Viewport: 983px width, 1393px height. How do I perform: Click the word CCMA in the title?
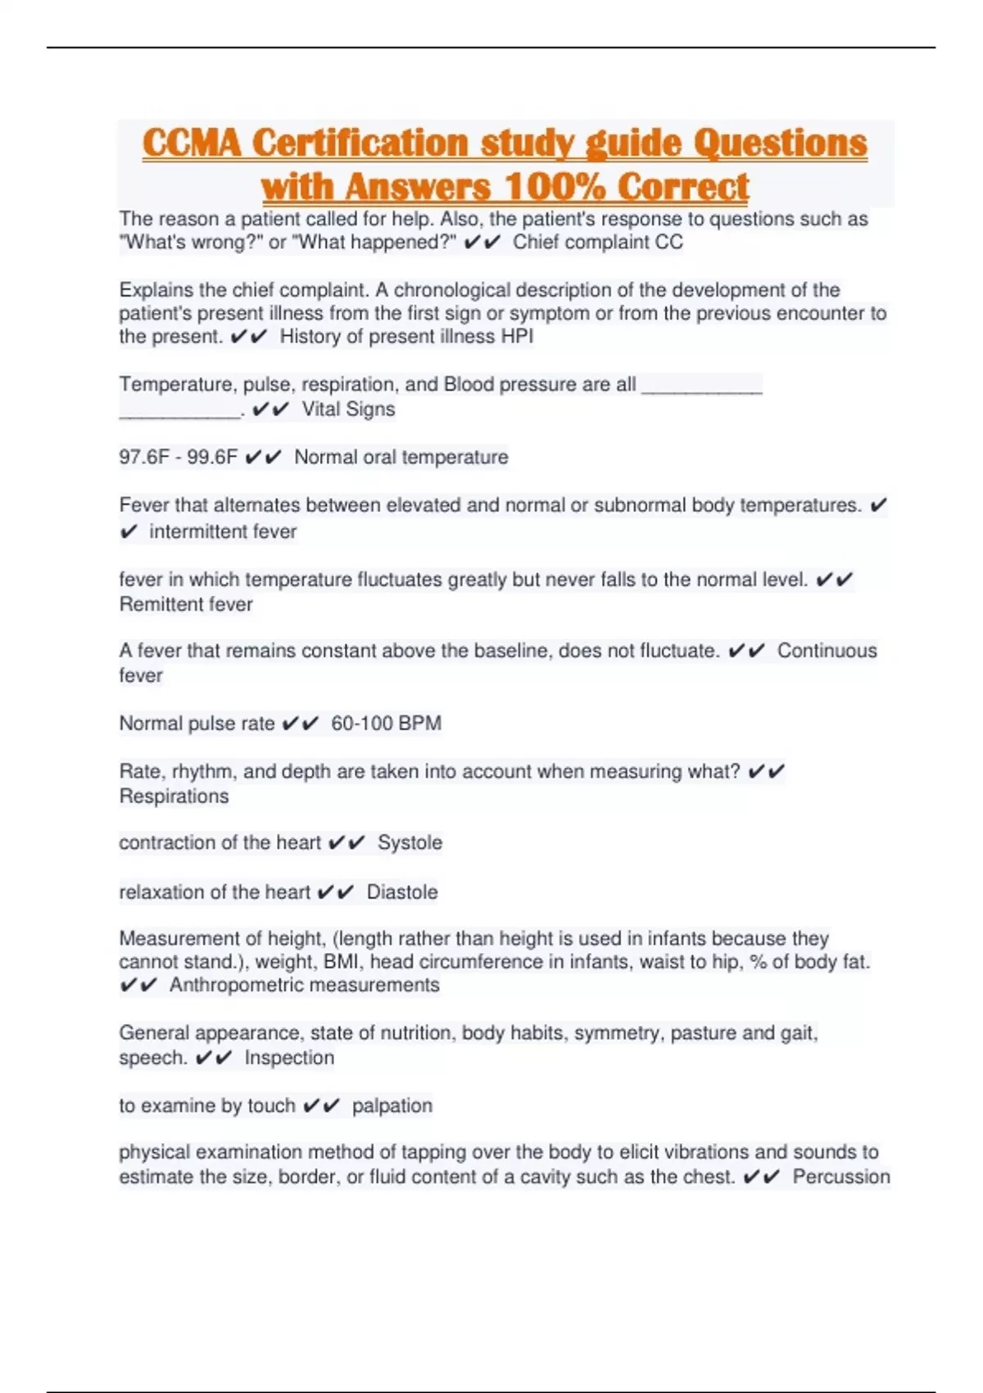pos(193,143)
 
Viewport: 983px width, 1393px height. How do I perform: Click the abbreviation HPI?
pos(517,337)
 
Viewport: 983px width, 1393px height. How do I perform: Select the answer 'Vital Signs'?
pos(348,409)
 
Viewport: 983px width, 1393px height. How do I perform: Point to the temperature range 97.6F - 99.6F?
pos(178,457)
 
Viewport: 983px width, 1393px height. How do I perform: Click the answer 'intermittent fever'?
pos(223,532)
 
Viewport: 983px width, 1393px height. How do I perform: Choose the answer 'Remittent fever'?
pos(186,605)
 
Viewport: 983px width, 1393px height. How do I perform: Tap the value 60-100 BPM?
pos(386,724)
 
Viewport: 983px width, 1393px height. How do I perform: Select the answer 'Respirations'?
pos(174,796)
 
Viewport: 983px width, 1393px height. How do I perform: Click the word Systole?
pos(410,843)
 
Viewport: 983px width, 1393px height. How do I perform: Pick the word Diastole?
pos(402,892)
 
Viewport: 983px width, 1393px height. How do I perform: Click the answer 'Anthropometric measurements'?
pos(304,985)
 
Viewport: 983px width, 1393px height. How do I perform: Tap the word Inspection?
pos(289,1058)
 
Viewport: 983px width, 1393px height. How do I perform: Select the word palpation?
pos(392,1106)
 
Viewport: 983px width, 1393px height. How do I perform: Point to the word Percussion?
pos(840,1177)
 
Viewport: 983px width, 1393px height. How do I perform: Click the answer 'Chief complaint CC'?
pos(597,243)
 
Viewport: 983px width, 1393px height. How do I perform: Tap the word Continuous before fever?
pos(827,651)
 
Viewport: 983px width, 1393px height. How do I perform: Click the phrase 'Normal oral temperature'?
pos(401,457)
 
